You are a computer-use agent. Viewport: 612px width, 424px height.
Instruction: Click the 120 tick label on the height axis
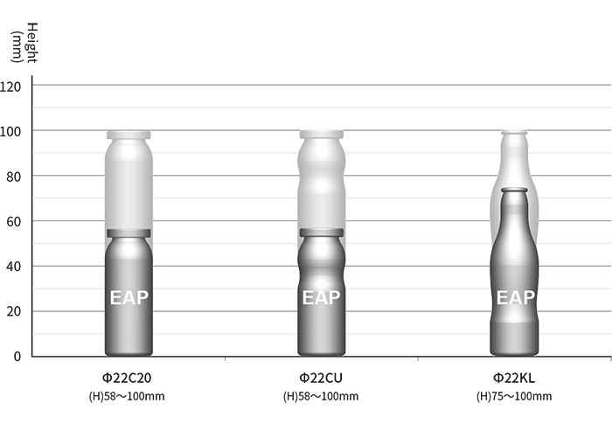coord(10,87)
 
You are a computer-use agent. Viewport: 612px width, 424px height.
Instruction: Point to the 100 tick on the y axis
coord(10,132)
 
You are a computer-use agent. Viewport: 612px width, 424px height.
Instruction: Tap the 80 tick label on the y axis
coord(14,177)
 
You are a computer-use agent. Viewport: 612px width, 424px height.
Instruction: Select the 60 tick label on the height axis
coord(14,222)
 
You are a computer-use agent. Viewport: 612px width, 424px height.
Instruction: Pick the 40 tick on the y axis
coord(14,267)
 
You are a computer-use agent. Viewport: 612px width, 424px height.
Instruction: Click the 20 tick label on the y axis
coord(14,312)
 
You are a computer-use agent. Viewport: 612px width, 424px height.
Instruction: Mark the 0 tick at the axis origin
coord(17,357)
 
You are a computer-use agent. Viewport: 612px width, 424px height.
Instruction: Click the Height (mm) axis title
coord(24,43)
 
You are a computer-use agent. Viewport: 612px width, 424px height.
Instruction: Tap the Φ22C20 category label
coord(127,378)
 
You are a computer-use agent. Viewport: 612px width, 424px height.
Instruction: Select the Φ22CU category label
coord(321,378)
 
